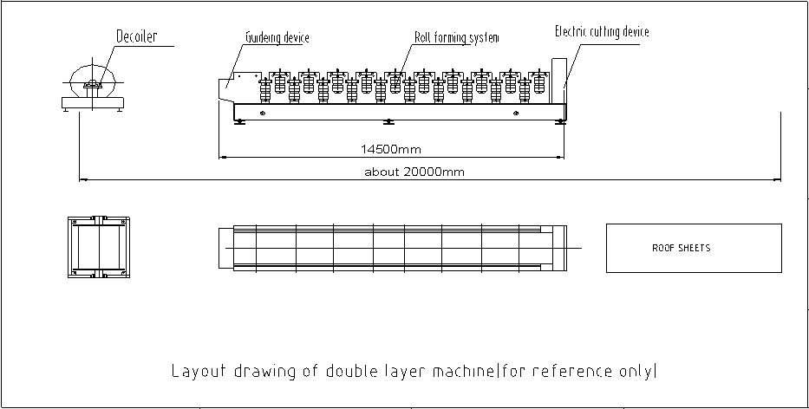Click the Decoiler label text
pos(137,36)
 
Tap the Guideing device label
pos(277,37)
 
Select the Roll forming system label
pos(457,37)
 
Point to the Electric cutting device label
pos(602,31)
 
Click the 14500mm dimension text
pos(391,150)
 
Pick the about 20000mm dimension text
pos(414,172)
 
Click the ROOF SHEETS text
pos(681,248)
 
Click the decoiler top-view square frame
pos(99,247)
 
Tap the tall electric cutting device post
pos(559,81)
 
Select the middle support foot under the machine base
pos(389,122)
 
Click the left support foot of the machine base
pos(238,122)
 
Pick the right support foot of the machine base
pos(560,122)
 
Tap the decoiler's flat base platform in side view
pos(93,102)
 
